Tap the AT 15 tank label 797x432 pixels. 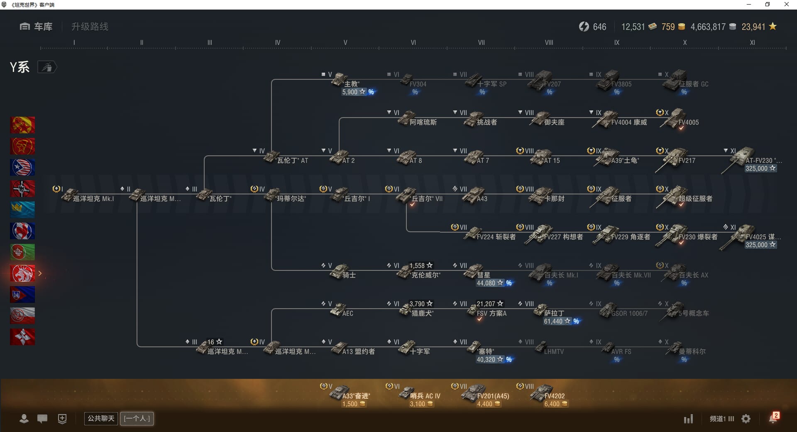tap(552, 161)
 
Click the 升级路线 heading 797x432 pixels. tap(90, 27)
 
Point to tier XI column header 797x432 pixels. tap(752, 42)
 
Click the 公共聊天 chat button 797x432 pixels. tap(101, 418)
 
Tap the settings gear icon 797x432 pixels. tap(746, 419)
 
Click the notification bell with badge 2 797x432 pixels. tap(773, 418)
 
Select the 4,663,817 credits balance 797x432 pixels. tap(708, 27)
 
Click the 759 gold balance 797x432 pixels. tap(668, 27)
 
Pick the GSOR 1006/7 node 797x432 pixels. tap(623, 312)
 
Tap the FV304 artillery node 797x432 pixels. tap(411, 81)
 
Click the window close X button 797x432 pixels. tap(786, 5)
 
